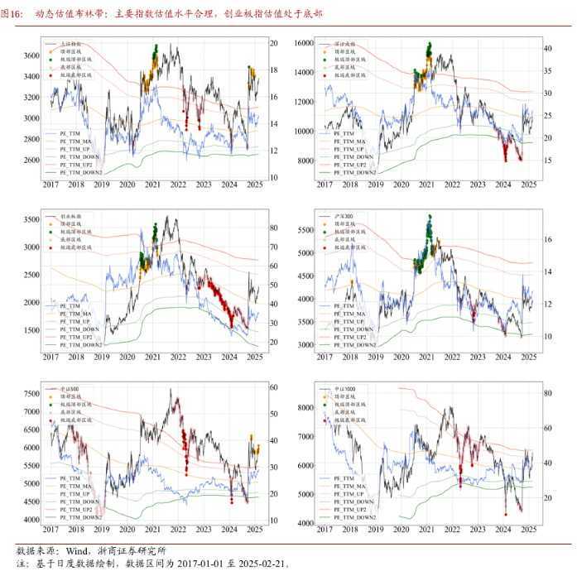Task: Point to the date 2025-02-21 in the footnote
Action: pos(262,564)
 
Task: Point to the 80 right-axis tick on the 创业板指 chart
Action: pos(272,228)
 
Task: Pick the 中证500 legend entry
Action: pos(70,387)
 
